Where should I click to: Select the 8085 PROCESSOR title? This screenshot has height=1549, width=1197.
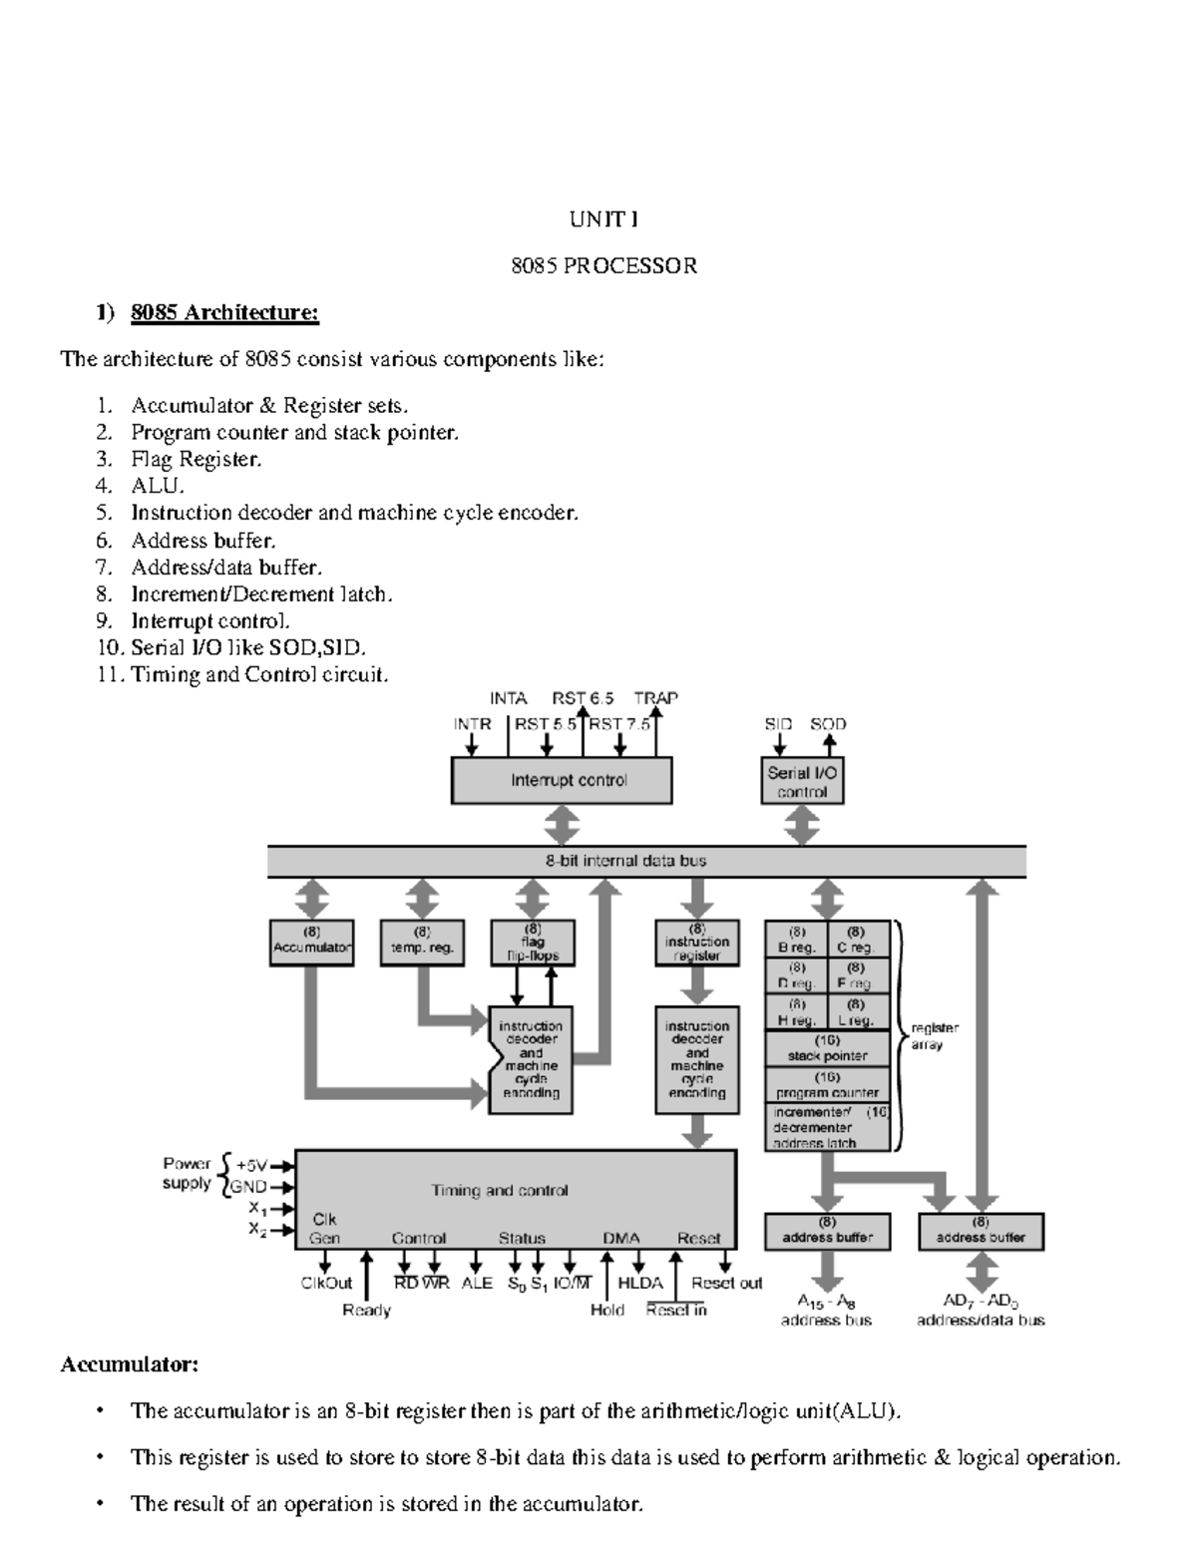coord(603,266)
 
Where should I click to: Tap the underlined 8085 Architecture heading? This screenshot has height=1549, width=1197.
coord(224,313)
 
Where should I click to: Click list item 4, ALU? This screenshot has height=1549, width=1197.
coord(158,487)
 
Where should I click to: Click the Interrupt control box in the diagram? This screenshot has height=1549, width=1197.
coord(562,780)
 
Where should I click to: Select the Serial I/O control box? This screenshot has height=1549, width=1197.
coord(802,781)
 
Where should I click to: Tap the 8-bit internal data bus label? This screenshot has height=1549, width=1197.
coord(645,861)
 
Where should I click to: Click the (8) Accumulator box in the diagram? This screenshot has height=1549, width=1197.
coord(311,942)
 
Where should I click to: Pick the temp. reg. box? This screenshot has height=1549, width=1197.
coord(422,942)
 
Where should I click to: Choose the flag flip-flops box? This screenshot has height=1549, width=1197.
coord(533,942)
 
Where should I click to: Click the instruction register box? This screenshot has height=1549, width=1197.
coord(697,943)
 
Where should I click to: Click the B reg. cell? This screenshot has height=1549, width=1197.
coord(796,940)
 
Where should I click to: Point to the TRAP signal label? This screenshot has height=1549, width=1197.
coord(655,698)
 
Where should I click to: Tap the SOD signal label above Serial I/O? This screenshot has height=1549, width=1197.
coord(828,724)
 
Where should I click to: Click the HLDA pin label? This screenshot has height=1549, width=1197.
coord(640,1283)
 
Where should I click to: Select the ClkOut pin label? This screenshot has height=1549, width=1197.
coord(326,1283)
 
